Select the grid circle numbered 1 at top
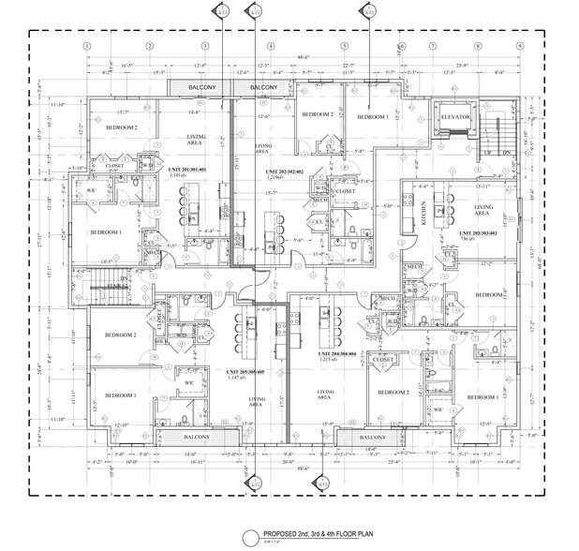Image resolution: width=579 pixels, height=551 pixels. tap(86, 45)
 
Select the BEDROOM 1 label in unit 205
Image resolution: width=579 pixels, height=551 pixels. tap(120, 395)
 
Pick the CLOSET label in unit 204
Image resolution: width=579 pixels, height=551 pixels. tap(382, 358)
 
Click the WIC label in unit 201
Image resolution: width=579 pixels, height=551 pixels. tap(92, 190)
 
